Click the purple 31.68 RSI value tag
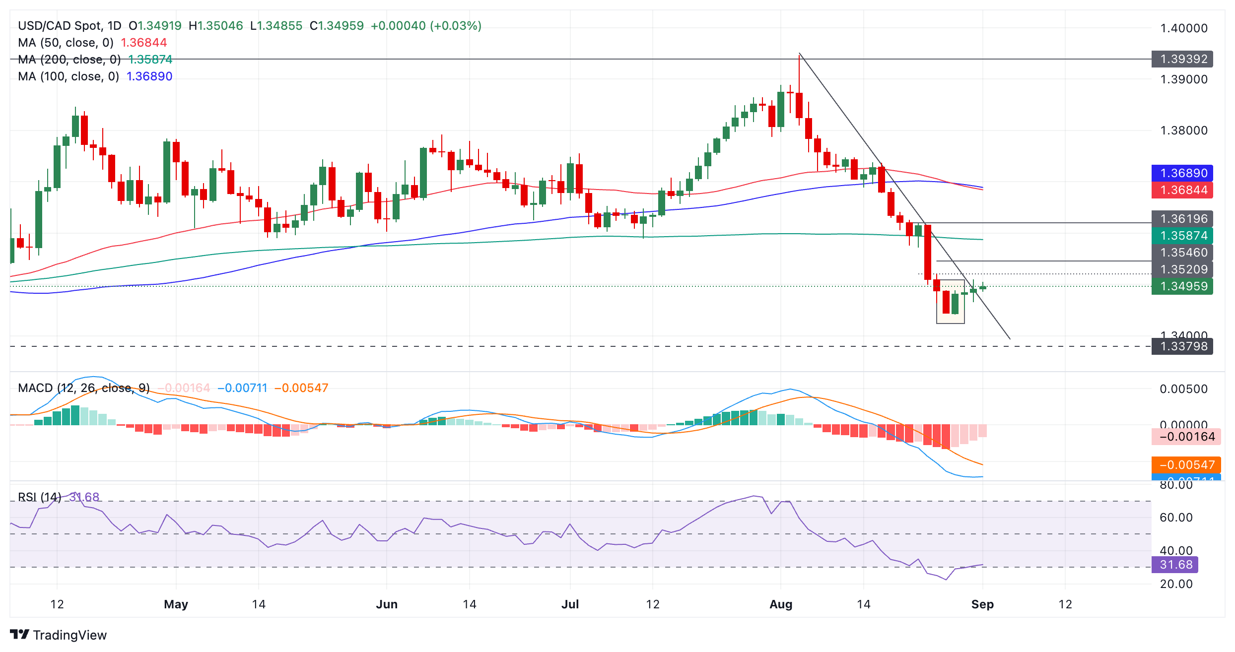[1174, 565]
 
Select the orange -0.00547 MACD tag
[1186, 465]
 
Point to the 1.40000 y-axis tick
[1183, 28]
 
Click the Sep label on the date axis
[982, 604]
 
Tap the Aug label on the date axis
[781, 604]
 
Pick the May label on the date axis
[176, 604]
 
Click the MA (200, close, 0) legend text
[69, 60]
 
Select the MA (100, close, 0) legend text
[69, 76]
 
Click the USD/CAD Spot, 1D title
[69, 26]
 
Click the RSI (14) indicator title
[40, 497]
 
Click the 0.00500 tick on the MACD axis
[1183, 389]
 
